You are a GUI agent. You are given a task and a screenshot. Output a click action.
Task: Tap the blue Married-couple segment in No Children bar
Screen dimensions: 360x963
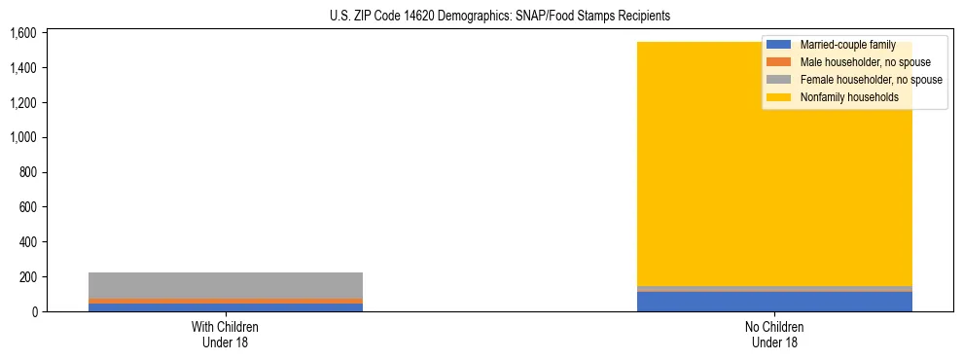(x=774, y=302)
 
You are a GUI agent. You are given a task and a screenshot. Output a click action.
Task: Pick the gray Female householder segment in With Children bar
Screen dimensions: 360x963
(x=226, y=285)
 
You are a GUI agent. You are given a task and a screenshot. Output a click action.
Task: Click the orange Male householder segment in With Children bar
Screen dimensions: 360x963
(x=226, y=301)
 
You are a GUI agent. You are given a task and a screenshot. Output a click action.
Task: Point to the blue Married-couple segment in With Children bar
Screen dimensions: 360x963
(x=226, y=307)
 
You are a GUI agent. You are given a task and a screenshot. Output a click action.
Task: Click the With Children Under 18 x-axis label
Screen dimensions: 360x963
(x=226, y=334)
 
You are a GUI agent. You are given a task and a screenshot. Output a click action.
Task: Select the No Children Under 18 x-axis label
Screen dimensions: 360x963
(x=774, y=334)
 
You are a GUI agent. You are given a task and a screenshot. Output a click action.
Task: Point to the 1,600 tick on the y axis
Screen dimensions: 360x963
(x=21, y=33)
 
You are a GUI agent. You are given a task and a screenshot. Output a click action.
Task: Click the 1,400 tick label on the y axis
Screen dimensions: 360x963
(x=21, y=68)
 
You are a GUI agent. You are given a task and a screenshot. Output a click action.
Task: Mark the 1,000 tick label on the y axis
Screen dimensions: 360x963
(x=21, y=137)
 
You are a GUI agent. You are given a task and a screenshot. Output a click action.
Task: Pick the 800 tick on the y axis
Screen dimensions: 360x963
(x=26, y=172)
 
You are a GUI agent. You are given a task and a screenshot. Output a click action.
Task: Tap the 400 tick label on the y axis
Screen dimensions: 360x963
(x=26, y=242)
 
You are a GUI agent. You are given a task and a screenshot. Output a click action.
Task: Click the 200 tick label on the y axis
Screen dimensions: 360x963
(x=26, y=277)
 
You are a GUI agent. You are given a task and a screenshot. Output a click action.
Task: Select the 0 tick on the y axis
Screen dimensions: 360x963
(x=32, y=311)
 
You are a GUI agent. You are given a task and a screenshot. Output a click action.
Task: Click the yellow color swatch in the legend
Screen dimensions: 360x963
(x=779, y=97)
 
